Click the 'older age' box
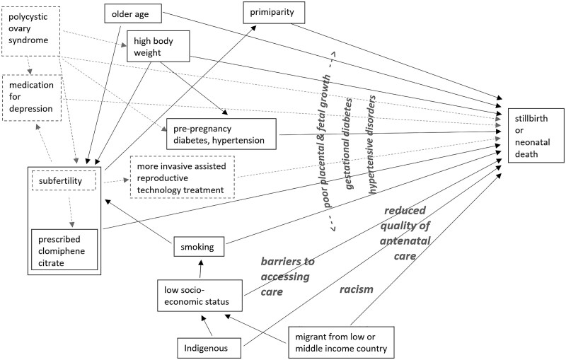click(x=133, y=14)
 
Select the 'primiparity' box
click(x=274, y=13)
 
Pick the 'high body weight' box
click(x=158, y=46)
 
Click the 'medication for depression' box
click(x=32, y=98)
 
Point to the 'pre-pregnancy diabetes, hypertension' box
click(x=221, y=134)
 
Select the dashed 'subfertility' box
click(x=64, y=180)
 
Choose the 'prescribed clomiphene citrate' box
click(x=64, y=250)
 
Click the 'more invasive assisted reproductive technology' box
click(x=183, y=177)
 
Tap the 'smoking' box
click(x=199, y=247)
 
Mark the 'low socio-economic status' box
click(x=200, y=296)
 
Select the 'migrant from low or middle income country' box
click(x=341, y=342)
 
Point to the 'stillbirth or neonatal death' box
click(x=536, y=136)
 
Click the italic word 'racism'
click(x=357, y=289)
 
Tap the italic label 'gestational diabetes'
click(x=348, y=144)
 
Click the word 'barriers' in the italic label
click(x=288, y=261)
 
